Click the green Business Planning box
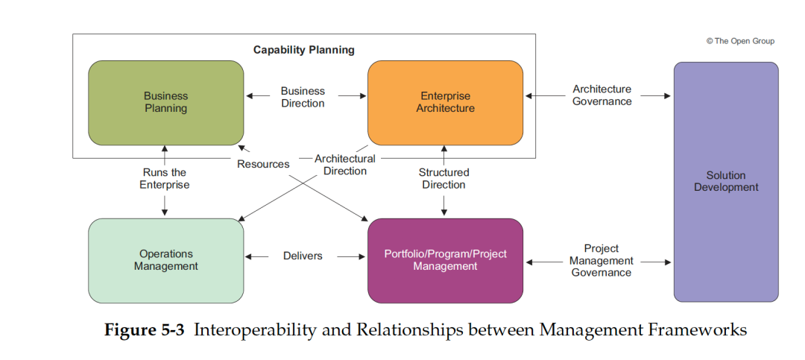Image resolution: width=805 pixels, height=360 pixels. coord(165,102)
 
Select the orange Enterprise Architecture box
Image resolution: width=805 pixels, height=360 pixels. coord(445,102)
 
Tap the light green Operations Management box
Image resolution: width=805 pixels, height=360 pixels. coord(165,260)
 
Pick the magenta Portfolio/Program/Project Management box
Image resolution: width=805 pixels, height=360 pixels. coord(445,260)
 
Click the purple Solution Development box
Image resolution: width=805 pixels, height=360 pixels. coord(725,181)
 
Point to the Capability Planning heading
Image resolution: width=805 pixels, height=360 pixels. coord(303,50)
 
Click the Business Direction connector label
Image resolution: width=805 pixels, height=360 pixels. coord(303,97)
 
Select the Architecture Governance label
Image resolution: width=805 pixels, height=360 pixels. coord(602,95)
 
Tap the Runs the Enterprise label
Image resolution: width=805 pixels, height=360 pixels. coord(165,178)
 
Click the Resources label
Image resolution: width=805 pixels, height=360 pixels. coord(263,164)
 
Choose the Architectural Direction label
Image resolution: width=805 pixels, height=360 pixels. coord(345,165)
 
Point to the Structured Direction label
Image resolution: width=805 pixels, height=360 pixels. coord(443,178)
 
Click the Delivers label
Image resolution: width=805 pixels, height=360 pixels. coord(303,256)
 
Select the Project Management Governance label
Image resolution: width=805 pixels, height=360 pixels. coord(602,260)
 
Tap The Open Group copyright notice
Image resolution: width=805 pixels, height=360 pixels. coord(740,41)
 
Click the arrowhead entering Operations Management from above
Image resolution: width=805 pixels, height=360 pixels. coord(165,213)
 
